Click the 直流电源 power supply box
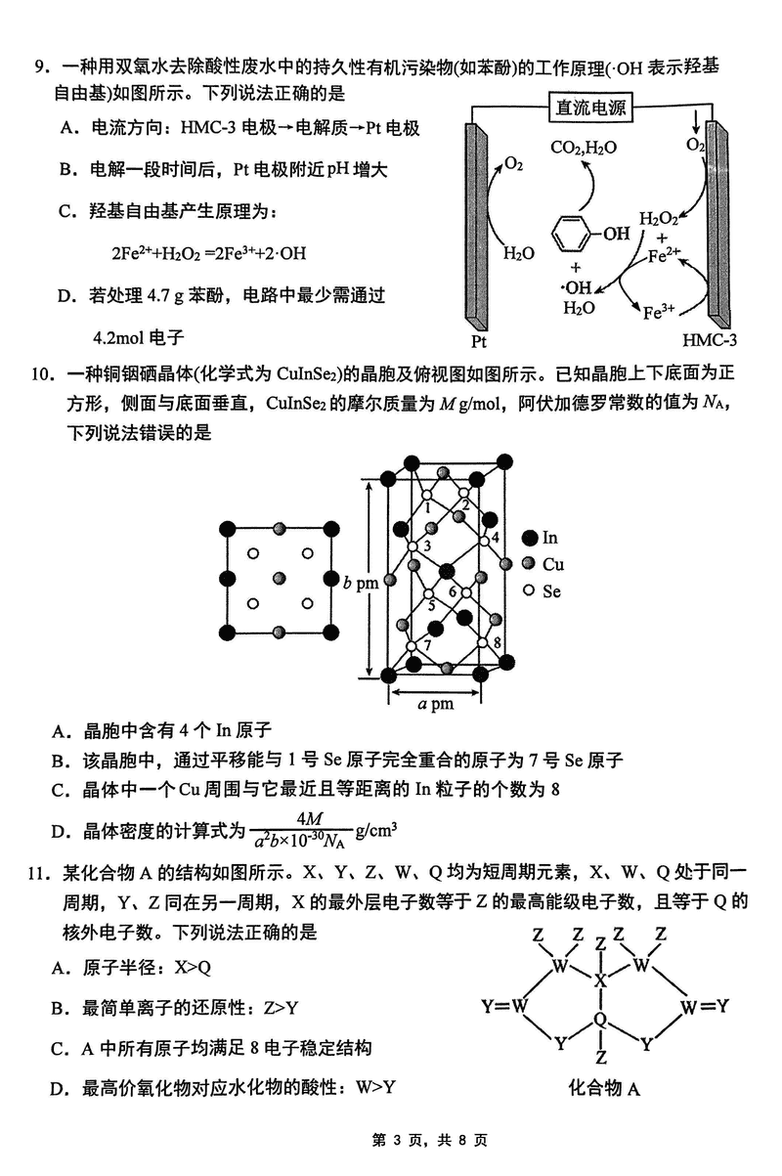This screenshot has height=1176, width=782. [x=590, y=108]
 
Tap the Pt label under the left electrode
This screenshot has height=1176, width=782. [x=479, y=341]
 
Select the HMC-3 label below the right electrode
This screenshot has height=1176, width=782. [x=710, y=340]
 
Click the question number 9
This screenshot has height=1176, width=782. [x=40, y=67]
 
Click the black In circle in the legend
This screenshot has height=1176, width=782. [x=530, y=538]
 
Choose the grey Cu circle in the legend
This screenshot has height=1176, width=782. [x=530, y=564]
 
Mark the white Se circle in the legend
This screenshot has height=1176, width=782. [x=530, y=590]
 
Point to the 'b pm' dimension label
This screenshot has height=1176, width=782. [x=360, y=584]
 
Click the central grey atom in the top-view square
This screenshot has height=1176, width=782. [x=281, y=580]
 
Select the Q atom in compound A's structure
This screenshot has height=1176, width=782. [x=601, y=1021]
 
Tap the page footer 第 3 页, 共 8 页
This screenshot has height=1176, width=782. [x=390, y=1140]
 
